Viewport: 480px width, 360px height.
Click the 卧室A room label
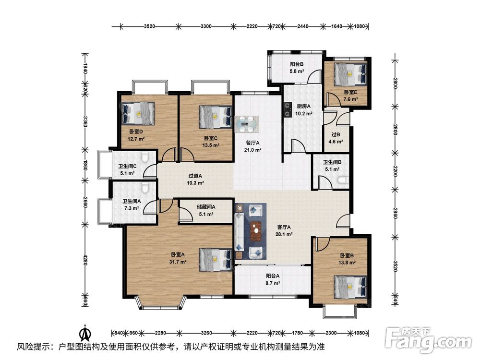pyautogui.click(x=178, y=255)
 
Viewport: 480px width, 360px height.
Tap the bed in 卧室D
pyautogui.click(x=138, y=113)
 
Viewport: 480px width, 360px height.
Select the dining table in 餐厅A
pyautogui.click(x=246, y=124)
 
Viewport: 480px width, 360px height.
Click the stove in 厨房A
pyautogui.click(x=287, y=109)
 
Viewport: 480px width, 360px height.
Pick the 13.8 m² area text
pyautogui.click(x=347, y=263)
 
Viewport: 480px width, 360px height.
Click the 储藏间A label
pyautogui.click(x=206, y=207)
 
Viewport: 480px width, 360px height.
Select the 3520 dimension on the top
pyautogui.click(x=149, y=26)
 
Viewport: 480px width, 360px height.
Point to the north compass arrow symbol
pyautogui.click(x=85, y=332)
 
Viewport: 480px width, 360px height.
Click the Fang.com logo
pyautogui.click(x=428, y=340)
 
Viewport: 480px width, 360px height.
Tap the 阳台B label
pyautogui.click(x=297, y=64)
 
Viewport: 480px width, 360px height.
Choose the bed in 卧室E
pyautogui.click(x=350, y=74)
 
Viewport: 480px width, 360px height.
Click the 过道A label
pyautogui.click(x=195, y=176)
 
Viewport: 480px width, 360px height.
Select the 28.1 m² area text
pyautogui.click(x=284, y=235)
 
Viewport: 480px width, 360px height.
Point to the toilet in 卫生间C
pyautogui.click(x=145, y=156)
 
